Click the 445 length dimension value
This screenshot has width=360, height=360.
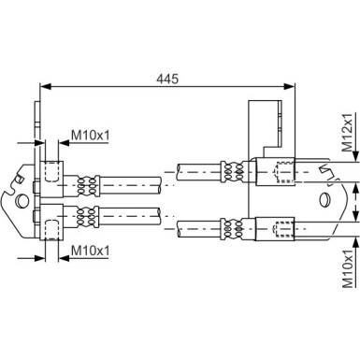point(167,79)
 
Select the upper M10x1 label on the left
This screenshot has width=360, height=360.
point(91,136)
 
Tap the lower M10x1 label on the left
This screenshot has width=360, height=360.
point(91,250)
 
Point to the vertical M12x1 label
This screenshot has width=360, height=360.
point(347,133)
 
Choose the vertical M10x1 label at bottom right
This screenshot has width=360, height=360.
point(348,268)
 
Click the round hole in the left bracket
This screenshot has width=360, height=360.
point(22,201)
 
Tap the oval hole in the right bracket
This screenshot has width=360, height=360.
point(324,199)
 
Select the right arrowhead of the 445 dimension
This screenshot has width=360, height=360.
point(289,87)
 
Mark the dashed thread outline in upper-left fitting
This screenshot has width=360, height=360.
point(50,171)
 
